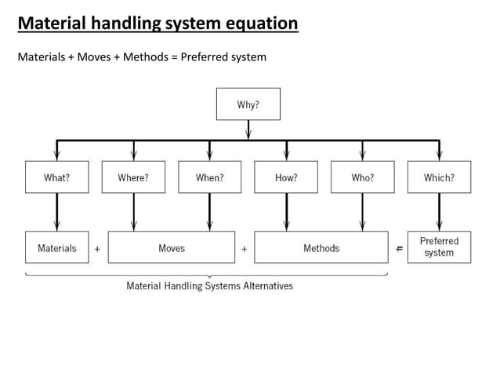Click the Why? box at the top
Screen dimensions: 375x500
pos(248,104)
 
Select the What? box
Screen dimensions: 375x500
pos(56,177)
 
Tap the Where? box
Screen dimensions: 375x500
pos(133,177)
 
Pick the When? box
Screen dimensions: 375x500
pos(209,177)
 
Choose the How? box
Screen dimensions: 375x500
pos(286,177)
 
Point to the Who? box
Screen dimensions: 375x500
pos(362,177)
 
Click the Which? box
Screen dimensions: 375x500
pos(439,177)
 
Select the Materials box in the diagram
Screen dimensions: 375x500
pos(56,248)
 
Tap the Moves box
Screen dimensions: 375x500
pos(172,248)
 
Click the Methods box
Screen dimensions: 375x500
pos(321,248)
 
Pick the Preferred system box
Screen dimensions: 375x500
pos(439,247)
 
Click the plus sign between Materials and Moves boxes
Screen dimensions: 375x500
pos(97,249)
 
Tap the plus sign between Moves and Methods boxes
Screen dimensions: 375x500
pos(245,249)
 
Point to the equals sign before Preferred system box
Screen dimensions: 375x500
pos(399,249)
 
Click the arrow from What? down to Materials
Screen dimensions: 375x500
pos(56,212)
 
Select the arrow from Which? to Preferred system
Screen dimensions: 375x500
pos(439,212)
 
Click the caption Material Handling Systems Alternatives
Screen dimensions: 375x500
pos(209,286)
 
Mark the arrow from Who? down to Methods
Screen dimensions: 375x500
pos(362,212)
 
